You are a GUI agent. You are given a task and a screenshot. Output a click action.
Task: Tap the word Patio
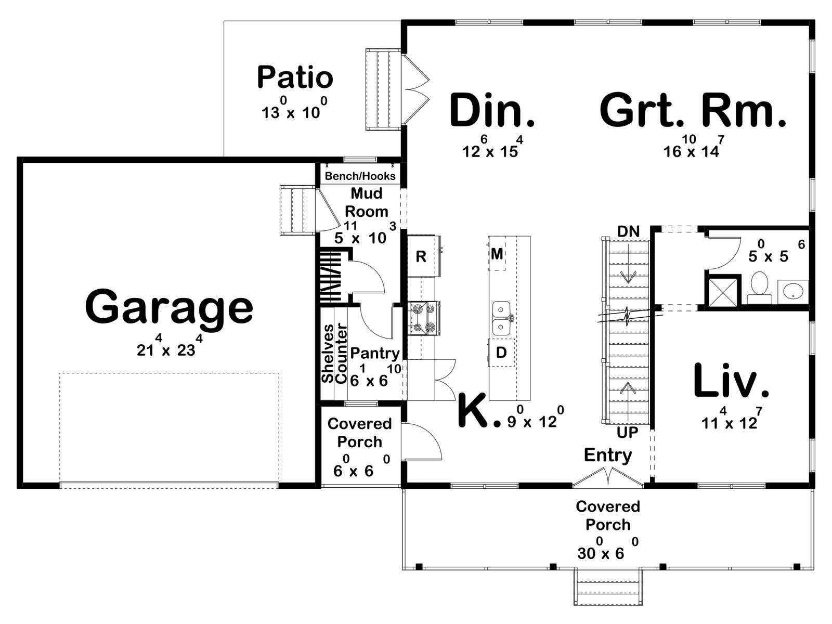click(295, 77)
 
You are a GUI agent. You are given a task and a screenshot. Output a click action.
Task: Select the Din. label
click(491, 110)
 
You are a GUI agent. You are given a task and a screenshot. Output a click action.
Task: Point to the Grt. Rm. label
click(693, 110)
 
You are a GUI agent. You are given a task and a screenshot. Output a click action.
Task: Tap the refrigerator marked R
click(423, 256)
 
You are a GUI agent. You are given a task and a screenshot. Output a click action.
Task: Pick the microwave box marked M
click(497, 254)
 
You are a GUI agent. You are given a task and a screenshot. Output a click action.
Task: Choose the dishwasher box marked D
click(501, 353)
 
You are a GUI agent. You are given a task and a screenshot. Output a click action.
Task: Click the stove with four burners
click(424, 318)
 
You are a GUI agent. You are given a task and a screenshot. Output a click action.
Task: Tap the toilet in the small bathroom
click(759, 287)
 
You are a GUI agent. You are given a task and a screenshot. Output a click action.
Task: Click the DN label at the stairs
click(628, 231)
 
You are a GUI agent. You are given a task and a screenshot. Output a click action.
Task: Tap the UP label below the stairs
click(627, 432)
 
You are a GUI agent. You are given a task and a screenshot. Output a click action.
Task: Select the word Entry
click(607, 456)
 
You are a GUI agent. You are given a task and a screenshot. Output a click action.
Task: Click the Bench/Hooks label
click(360, 176)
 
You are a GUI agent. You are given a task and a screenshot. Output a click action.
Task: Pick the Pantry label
click(374, 354)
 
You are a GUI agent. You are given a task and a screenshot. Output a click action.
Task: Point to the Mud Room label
click(366, 202)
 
